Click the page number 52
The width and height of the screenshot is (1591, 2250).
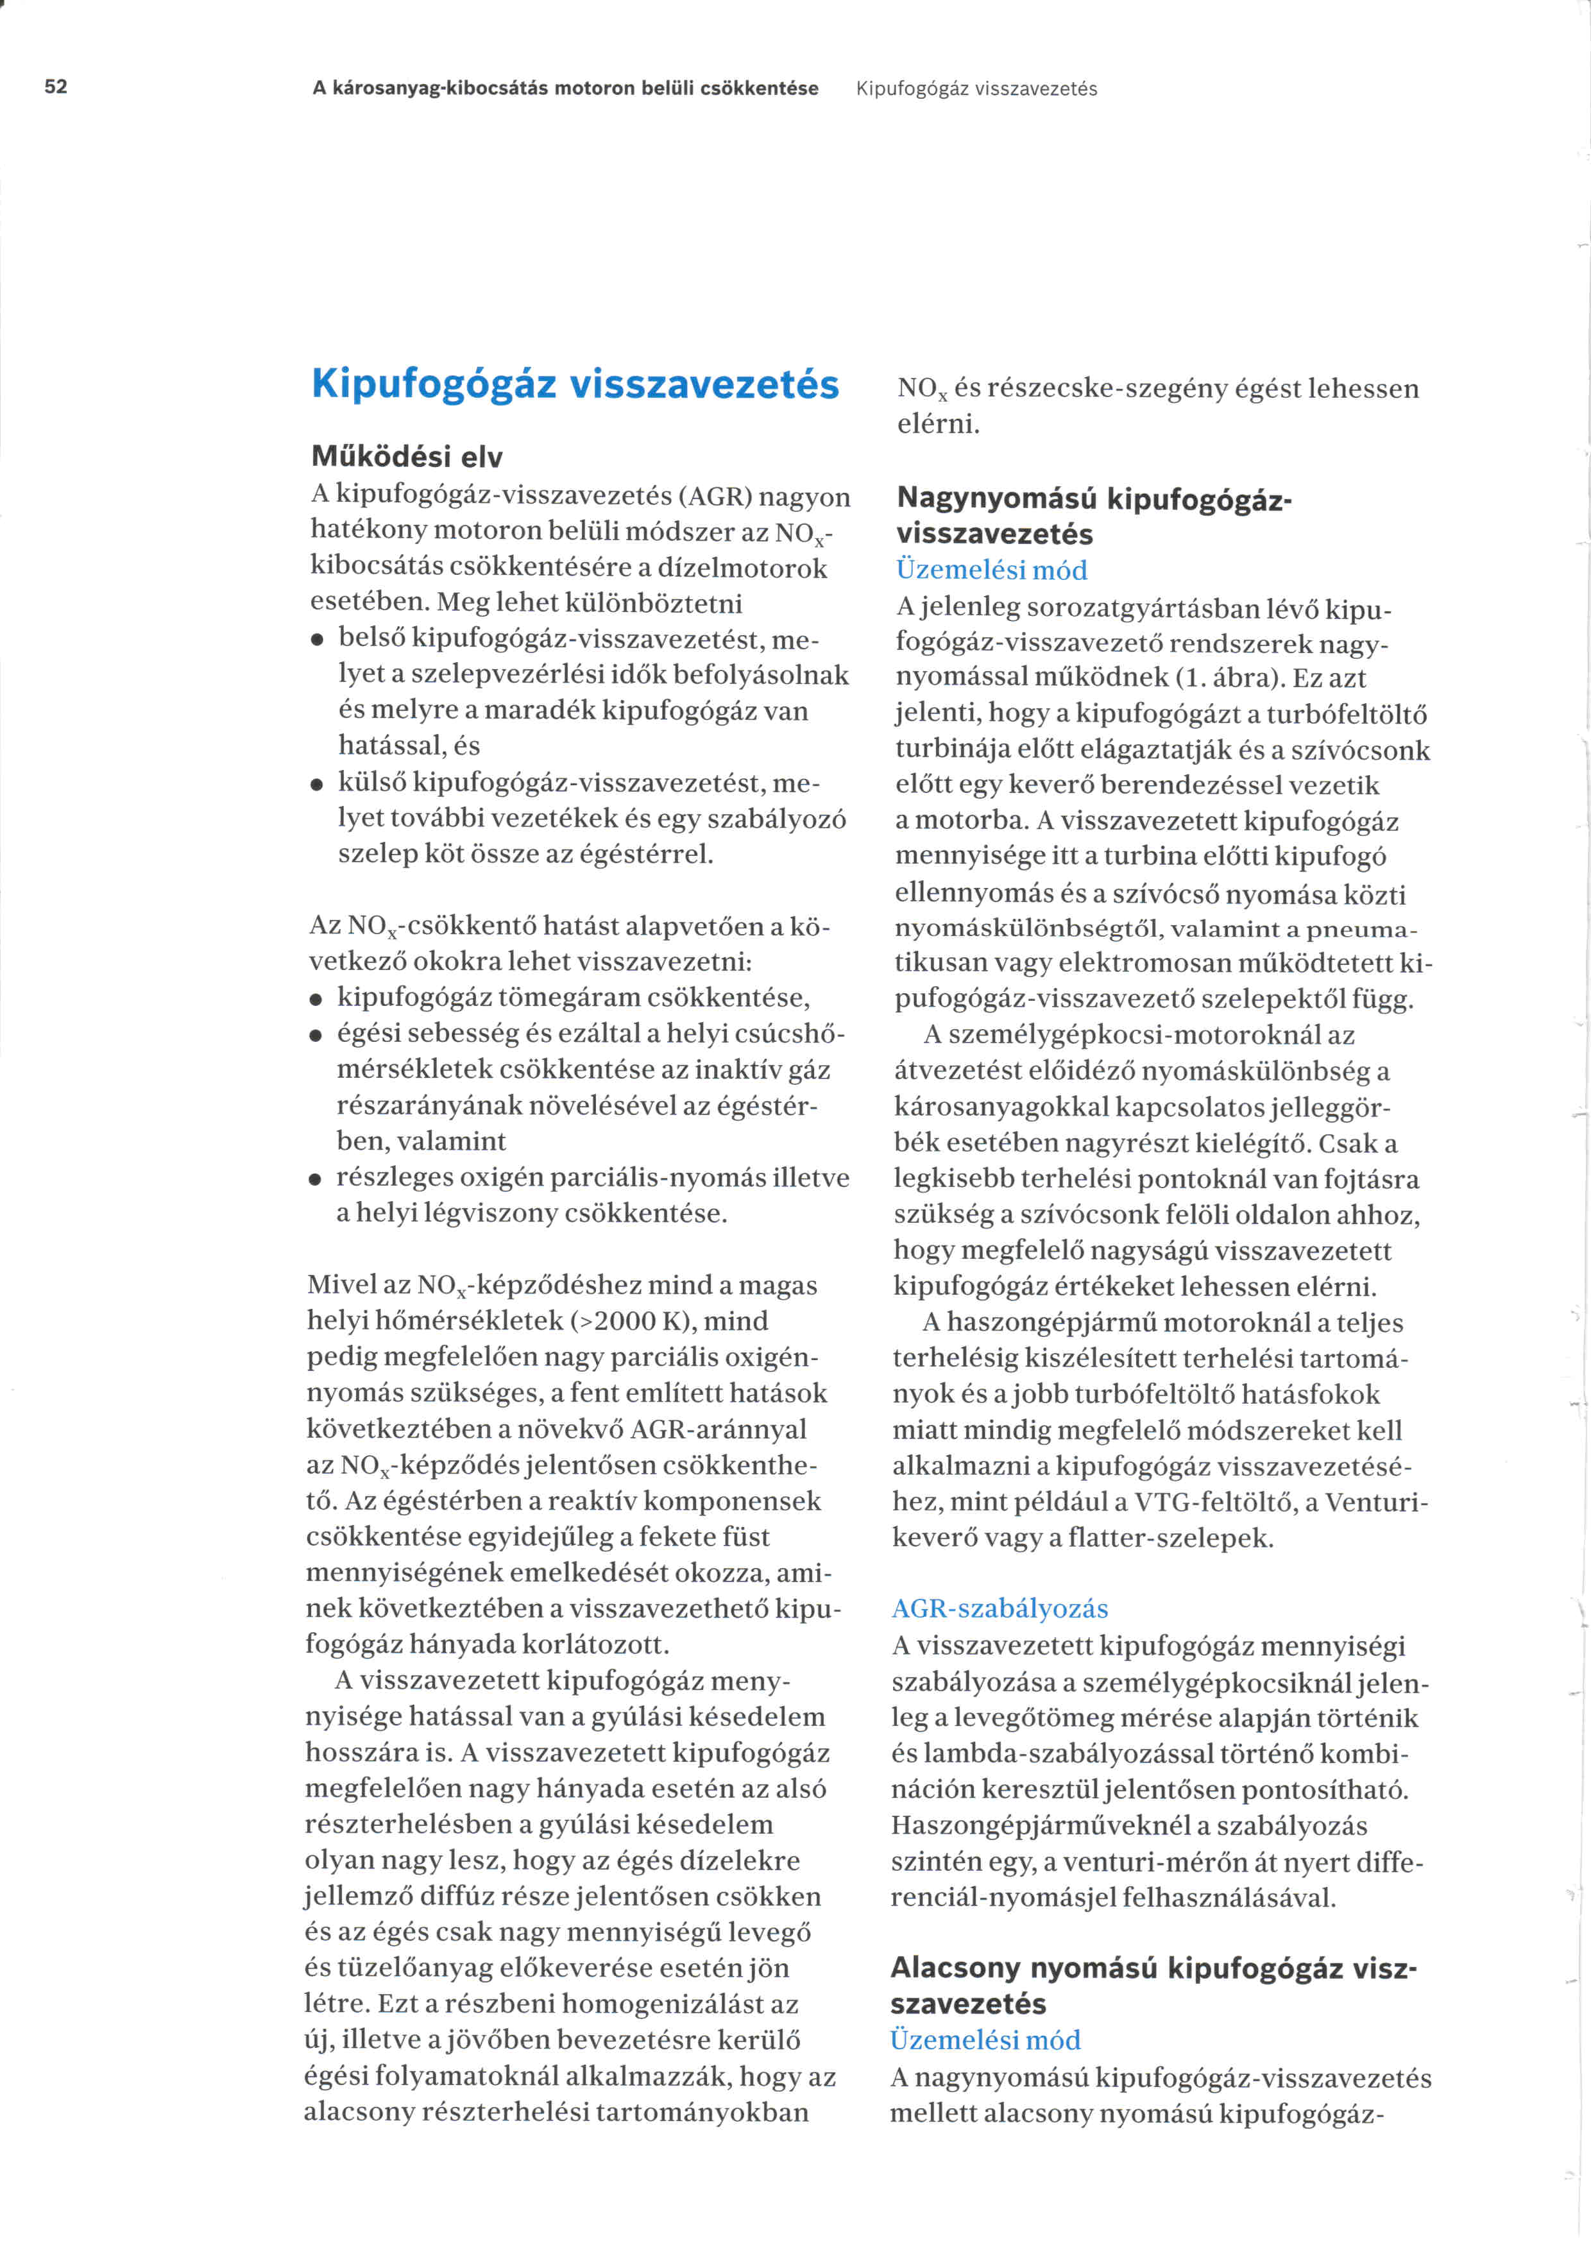pyautogui.click(x=56, y=86)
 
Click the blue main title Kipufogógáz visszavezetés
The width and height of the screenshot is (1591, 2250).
pyautogui.click(x=575, y=383)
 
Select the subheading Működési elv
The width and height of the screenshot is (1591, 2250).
pyautogui.click(x=407, y=457)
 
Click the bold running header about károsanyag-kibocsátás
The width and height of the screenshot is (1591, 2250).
pyautogui.click(x=565, y=88)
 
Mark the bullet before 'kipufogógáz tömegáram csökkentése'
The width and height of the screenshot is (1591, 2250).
pyautogui.click(x=316, y=1000)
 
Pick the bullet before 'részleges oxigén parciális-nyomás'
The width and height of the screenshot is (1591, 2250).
pyautogui.click(x=316, y=1179)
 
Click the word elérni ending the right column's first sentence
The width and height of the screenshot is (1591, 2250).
pyautogui.click(x=939, y=425)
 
